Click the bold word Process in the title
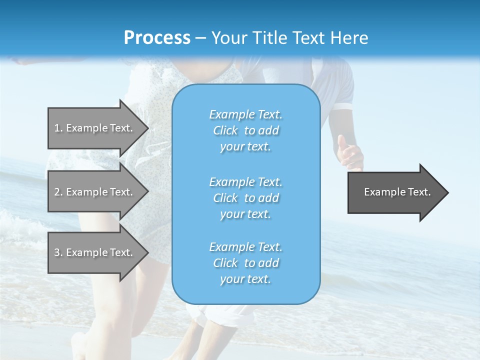[x=157, y=37]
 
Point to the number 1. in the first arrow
[x=58, y=128]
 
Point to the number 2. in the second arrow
[x=58, y=192]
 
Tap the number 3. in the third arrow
[x=58, y=252]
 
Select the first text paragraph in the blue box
[x=245, y=130]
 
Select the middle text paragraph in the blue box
[x=245, y=197]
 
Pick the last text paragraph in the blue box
[x=245, y=263]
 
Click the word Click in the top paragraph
[x=225, y=130]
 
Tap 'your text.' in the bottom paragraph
[x=245, y=279]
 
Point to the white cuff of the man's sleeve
[x=344, y=106]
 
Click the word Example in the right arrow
[x=382, y=192]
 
